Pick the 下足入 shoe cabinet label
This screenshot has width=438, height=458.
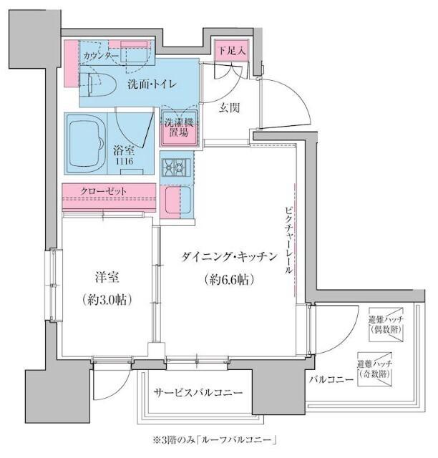click(x=232, y=51)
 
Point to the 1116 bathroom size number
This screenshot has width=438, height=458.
click(x=124, y=163)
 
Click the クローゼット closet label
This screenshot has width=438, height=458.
click(x=104, y=191)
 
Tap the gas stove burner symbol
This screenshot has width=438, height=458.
click(x=175, y=168)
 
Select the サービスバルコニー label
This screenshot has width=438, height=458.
click(x=198, y=393)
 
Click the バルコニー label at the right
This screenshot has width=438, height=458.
click(x=331, y=379)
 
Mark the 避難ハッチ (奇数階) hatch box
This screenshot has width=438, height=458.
click(x=376, y=369)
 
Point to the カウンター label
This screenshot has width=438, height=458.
click(x=101, y=55)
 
